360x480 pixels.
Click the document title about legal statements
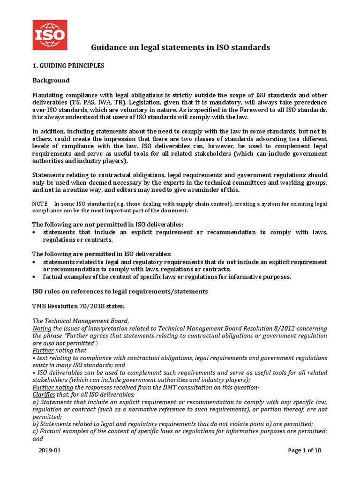pos(180,47)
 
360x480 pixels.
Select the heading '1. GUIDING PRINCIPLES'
pos(68,66)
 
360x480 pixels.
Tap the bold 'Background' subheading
pos(51,80)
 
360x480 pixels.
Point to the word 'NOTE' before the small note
pos(40,204)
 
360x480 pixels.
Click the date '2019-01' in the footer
pos(50,451)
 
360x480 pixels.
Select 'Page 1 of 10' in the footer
pos(305,451)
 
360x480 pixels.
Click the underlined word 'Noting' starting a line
pos(42,328)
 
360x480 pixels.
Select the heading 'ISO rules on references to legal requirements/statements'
pos(120,292)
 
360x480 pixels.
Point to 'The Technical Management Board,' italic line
pos(80,321)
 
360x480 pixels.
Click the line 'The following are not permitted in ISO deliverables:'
pos(107,224)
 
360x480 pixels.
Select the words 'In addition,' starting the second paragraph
pos(47,132)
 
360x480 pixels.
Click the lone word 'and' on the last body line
pos(37,439)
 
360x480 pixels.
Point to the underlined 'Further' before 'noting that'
pos(43,350)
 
